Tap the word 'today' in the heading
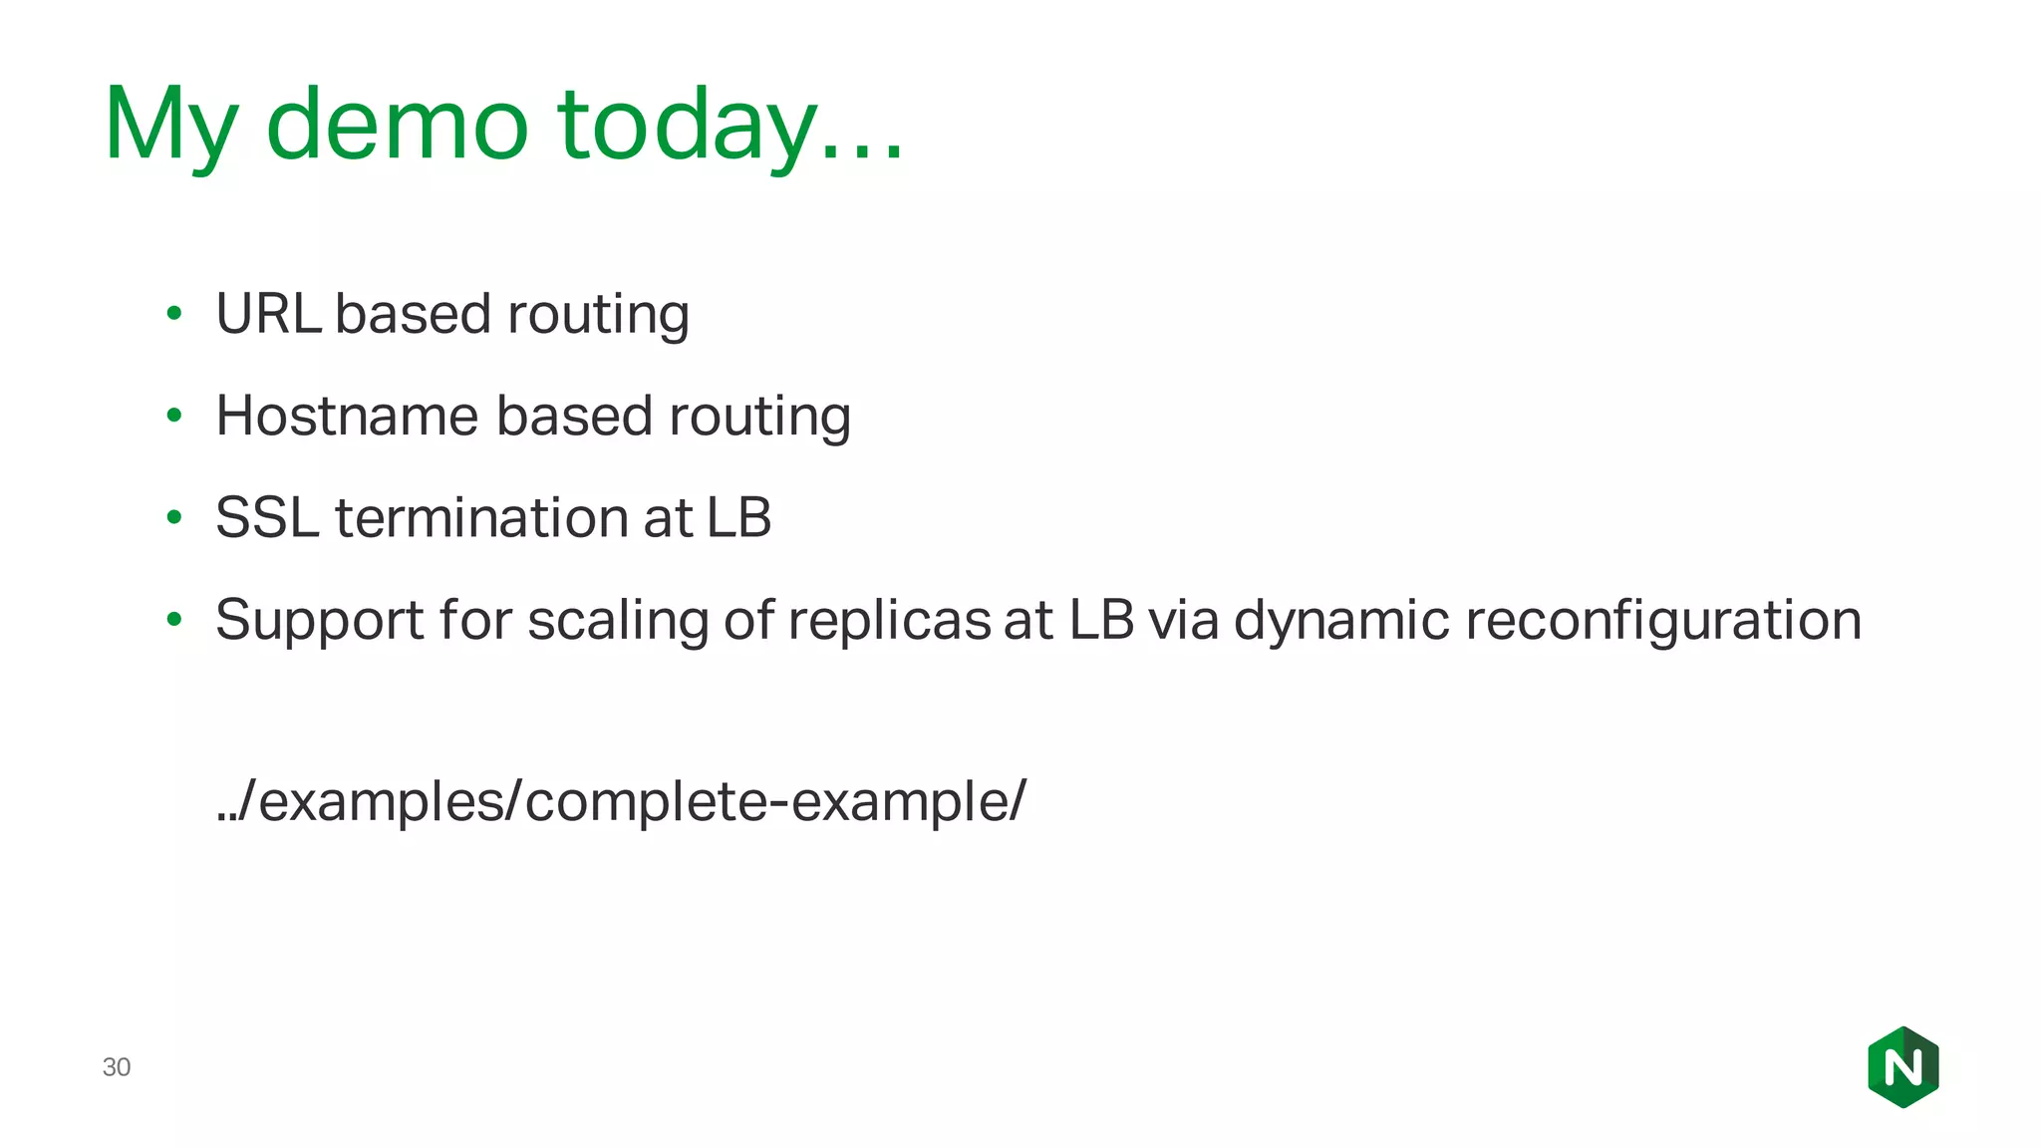pos(686,126)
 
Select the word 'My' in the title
pos(170,126)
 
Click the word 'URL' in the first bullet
pos(267,314)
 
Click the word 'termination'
pos(481,518)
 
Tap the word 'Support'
pos(320,620)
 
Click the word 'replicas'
pos(889,620)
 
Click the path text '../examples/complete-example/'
pos(620,801)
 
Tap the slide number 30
pos(117,1067)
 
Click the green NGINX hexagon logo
pos(1902,1067)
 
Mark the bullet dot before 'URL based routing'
pos(174,314)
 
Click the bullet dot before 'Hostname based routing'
pos(174,416)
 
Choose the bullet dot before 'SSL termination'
pos(174,518)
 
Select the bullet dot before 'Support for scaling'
pos(174,620)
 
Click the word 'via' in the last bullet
pos(1183,620)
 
